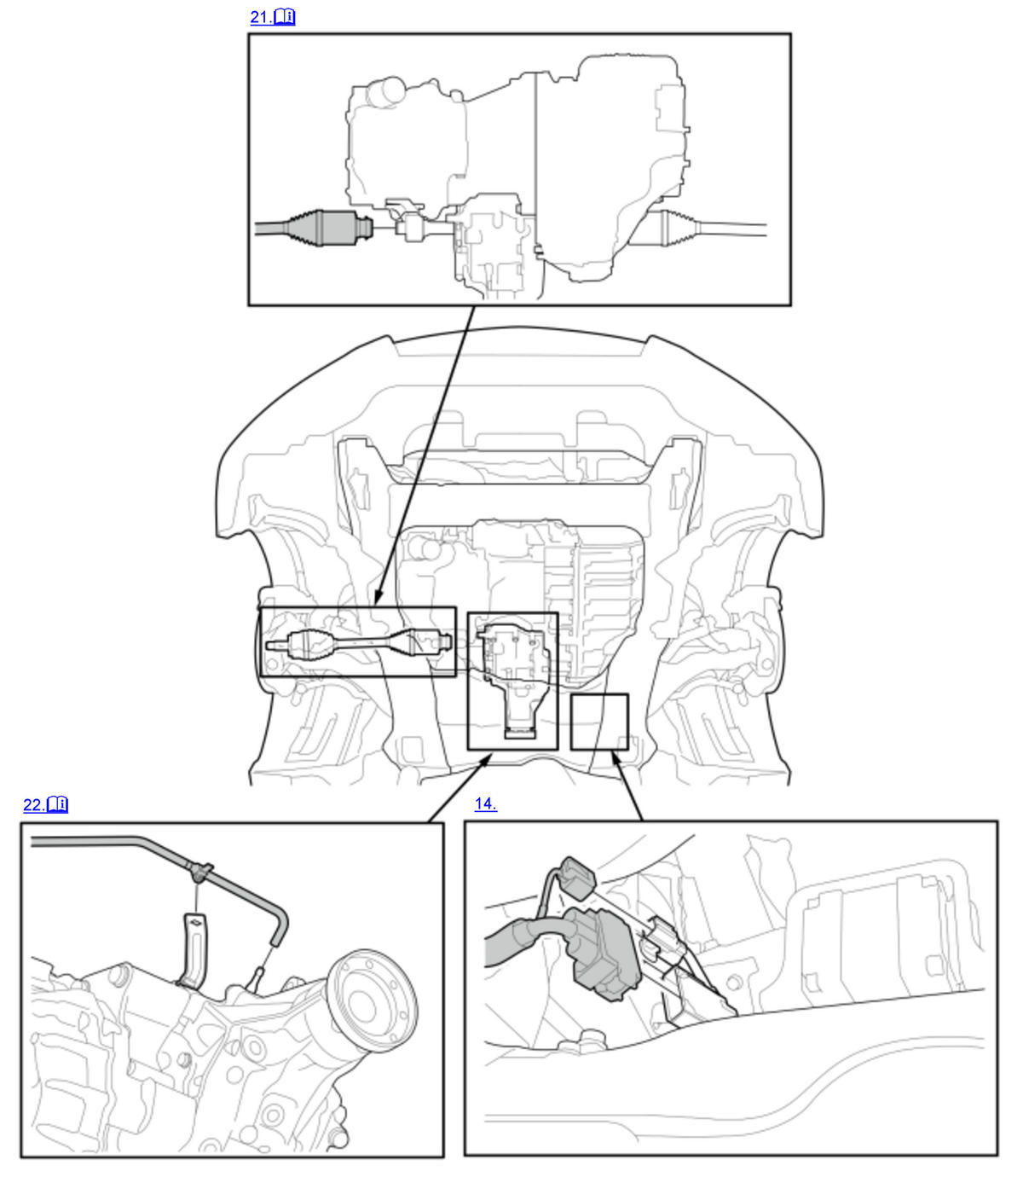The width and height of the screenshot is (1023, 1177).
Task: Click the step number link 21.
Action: coord(261,17)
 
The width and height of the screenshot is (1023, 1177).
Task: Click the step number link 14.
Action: coord(485,803)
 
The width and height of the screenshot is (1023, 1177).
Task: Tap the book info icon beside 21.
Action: coord(285,17)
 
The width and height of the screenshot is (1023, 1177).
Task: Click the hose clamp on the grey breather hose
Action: coord(200,872)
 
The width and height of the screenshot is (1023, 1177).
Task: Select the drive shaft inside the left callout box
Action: coord(359,643)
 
